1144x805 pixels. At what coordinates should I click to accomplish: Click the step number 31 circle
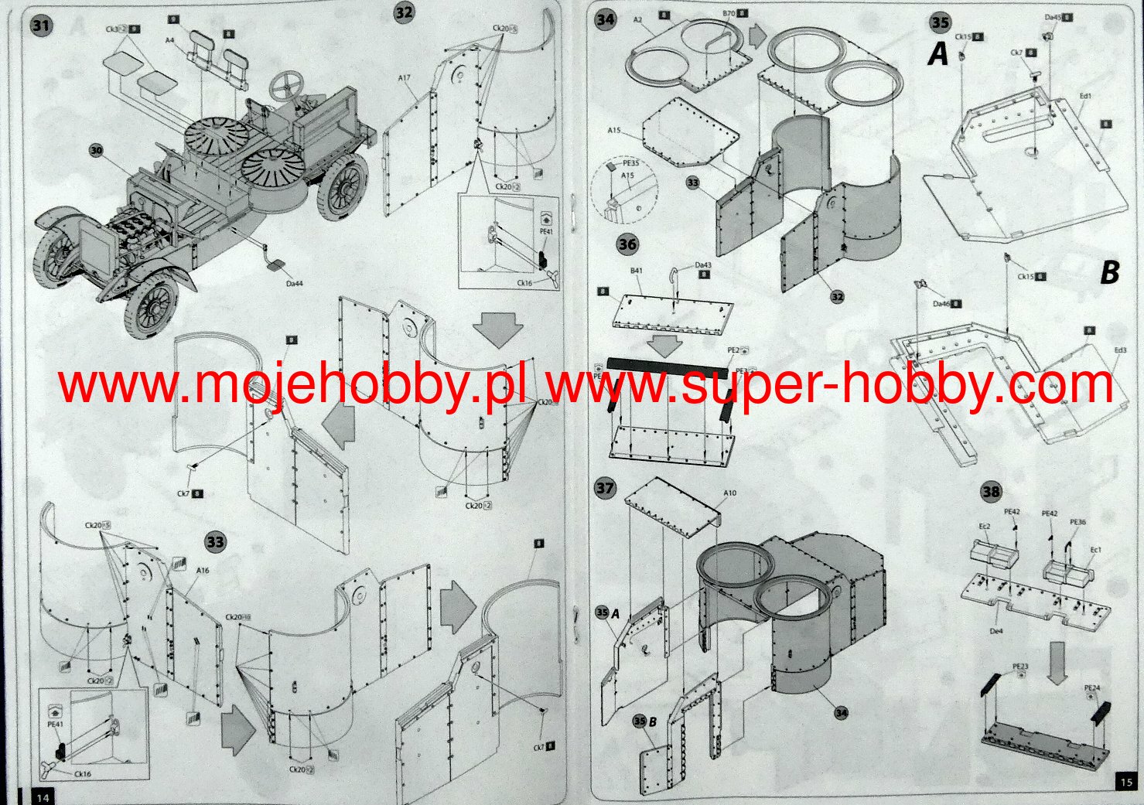click(x=41, y=26)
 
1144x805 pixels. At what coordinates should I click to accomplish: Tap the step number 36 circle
click(x=627, y=244)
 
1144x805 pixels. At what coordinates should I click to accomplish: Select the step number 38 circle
click(x=990, y=491)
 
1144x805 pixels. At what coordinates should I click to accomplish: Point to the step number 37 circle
click(x=605, y=488)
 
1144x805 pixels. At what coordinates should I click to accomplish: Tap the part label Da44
click(x=294, y=284)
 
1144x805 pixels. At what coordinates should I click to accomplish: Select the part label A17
click(x=405, y=78)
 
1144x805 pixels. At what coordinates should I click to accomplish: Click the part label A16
click(x=203, y=571)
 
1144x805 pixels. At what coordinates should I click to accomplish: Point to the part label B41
click(x=636, y=271)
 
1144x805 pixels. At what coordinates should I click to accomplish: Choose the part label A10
click(x=729, y=493)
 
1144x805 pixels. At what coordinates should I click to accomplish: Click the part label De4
click(x=996, y=632)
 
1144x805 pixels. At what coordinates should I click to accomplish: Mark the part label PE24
click(x=1091, y=688)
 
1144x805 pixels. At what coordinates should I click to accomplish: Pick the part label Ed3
click(x=1119, y=350)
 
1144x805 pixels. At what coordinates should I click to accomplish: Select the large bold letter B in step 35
click(x=1110, y=272)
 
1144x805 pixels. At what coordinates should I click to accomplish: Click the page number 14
click(x=42, y=796)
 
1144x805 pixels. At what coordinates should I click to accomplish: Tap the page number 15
click(x=1125, y=783)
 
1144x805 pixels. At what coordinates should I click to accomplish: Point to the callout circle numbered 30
click(x=96, y=150)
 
